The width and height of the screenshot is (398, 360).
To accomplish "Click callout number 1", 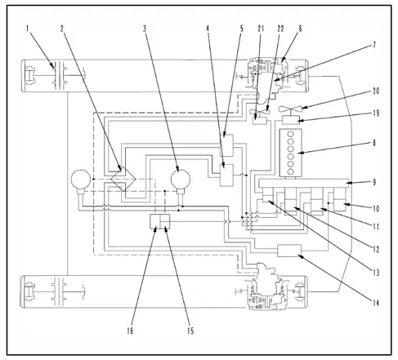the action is (x=27, y=29).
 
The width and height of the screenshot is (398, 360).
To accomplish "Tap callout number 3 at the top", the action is (x=145, y=29).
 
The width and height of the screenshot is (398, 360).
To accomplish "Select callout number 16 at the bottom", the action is (x=130, y=331).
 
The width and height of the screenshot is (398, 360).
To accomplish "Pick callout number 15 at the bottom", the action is (x=190, y=331).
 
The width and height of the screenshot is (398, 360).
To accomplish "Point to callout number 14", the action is (x=376, y=303).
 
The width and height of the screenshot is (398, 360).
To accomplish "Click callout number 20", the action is (x=376, y=91).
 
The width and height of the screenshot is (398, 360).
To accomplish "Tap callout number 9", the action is (x=374, y=182).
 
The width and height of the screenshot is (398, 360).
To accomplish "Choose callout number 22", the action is (x=280, y=29).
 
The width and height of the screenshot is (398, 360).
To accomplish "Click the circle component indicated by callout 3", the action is (x=181, y=179).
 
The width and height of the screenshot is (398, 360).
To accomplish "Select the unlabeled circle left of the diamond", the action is (x=81, y=179).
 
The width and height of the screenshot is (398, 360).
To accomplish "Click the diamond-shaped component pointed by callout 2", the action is (x=123, y=179).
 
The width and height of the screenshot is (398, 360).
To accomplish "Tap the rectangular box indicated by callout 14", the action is (x=289, y=251).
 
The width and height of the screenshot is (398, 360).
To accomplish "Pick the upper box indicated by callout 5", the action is (x=226, y=145).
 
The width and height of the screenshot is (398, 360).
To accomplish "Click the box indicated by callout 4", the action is (x=226, y=175).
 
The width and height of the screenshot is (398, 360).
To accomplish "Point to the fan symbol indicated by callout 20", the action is (x=290, y=109).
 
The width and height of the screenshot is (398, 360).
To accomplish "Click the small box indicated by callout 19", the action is (x=291, y=120).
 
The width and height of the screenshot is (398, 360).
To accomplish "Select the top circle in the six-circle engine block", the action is (x=290, y=134).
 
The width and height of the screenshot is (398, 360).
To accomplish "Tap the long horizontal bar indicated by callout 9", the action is (x=303, y=183).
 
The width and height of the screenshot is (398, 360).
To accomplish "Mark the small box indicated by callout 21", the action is (x=259, y=120).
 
